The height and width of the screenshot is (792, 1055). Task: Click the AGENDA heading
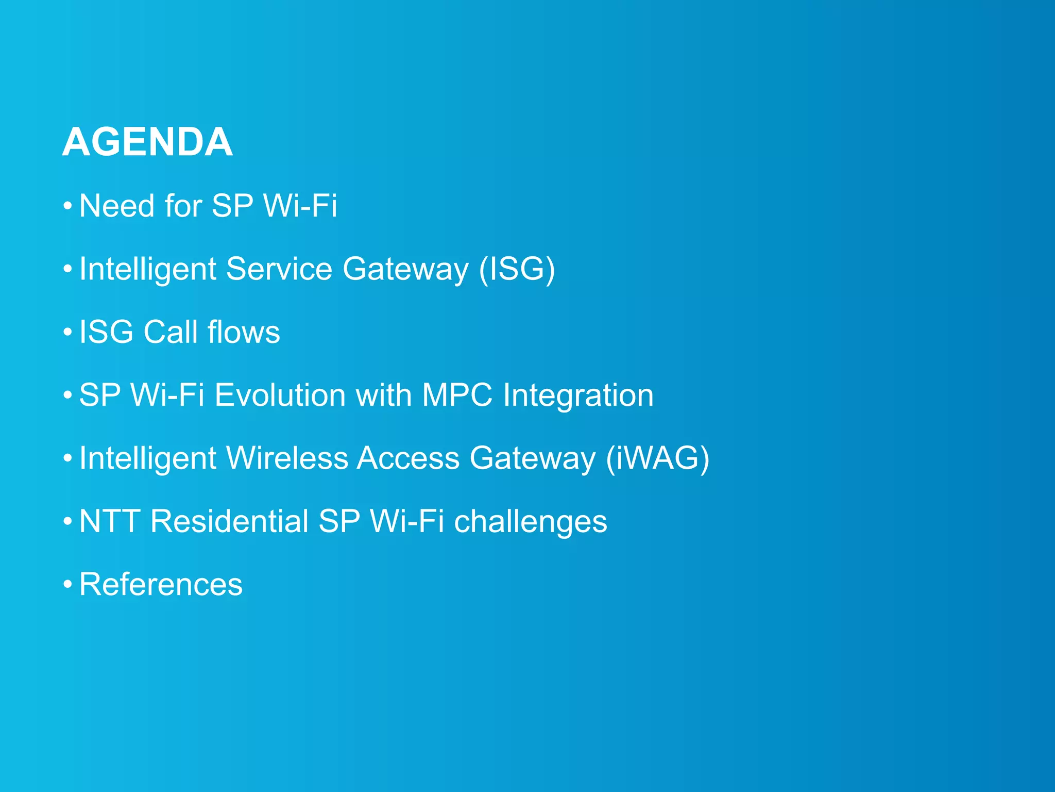[147, 142]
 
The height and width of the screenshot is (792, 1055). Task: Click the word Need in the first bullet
[116, 206]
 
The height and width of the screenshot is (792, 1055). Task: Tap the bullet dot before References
[67, 585]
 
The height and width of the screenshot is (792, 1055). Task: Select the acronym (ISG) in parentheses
[517, 269]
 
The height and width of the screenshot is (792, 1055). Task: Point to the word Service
[279, 269]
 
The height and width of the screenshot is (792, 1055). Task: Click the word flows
[244, 332]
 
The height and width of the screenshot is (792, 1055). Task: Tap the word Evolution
[280, 395]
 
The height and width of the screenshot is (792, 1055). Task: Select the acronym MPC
[457, 395]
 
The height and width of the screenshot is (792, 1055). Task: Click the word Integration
[578, 395]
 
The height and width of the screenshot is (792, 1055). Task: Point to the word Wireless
[287, 458]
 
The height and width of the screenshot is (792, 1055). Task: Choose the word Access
[408, 458]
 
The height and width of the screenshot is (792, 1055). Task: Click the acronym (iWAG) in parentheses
[657, 458]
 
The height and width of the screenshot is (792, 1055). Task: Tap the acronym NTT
[110, 521]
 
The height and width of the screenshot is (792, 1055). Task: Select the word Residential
[229, 521]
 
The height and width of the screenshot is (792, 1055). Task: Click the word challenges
[531, 522]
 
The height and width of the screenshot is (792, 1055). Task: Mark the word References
[161, 585]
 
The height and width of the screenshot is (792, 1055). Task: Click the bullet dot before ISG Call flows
[67, 333]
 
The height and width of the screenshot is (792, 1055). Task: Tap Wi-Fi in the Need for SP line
[300, 206]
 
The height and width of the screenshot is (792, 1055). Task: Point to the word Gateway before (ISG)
[405, 269]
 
